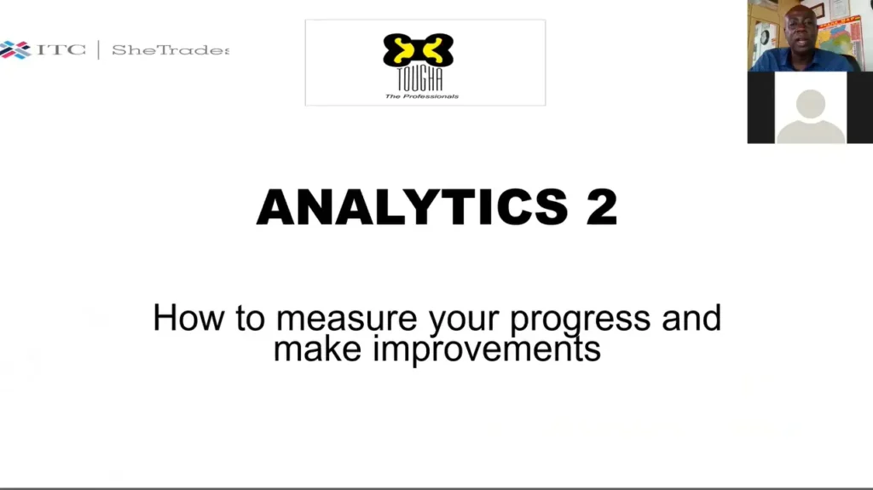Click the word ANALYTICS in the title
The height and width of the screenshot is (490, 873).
(x=412, y=206)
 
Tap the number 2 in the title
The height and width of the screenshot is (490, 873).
(x=602, y=206)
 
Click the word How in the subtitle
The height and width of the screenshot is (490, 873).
(x=188, y=318)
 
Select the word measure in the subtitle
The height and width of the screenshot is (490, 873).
(x=346, y=319)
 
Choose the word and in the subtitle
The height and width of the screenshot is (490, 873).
(x=691, y=318)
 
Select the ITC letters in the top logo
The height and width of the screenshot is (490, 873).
(x=61, y=49)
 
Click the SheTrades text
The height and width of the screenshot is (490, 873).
(x=171, y=50)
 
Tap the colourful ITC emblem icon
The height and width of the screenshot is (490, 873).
(x=15, y=50)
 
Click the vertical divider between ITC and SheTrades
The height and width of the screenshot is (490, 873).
(x=99, y=50)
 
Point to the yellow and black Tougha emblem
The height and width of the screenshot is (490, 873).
(x=418, y=50)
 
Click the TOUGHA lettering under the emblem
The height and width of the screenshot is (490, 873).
(x=419, y=78)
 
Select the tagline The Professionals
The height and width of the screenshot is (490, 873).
(x=421, y=96)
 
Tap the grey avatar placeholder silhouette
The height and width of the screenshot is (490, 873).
(x=811, y=117)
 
